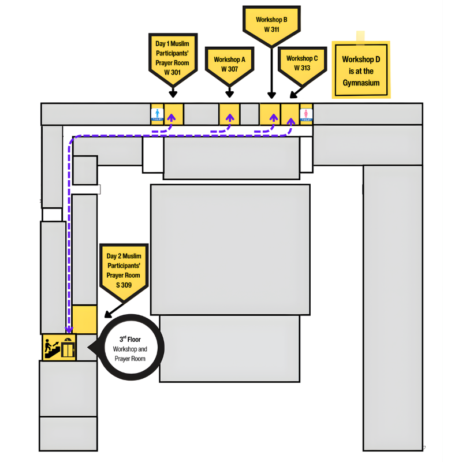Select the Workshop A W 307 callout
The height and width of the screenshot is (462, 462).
[x=229, y=64]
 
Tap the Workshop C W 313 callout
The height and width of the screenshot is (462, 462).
[x=302, y=62]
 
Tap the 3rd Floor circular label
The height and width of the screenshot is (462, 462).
[x=130, y=348]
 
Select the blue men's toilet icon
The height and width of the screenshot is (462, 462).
[x=157, y=114]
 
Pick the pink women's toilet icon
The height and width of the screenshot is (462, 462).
[x=307, y=114]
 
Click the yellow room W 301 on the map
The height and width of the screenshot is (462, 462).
[x=173, y=114]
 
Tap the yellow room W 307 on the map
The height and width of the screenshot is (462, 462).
[x=229, y=114]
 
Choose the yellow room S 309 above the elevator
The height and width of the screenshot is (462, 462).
[x=84, y=319]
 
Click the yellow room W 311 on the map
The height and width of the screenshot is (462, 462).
[x=270, y=114]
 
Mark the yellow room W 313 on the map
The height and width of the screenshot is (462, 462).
[x=290, y=114]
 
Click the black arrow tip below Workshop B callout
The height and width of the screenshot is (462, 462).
[x=271, y=96]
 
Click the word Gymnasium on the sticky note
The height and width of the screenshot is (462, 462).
[x=361, y=83]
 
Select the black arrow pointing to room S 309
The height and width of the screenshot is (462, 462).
[x=107, y=315]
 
